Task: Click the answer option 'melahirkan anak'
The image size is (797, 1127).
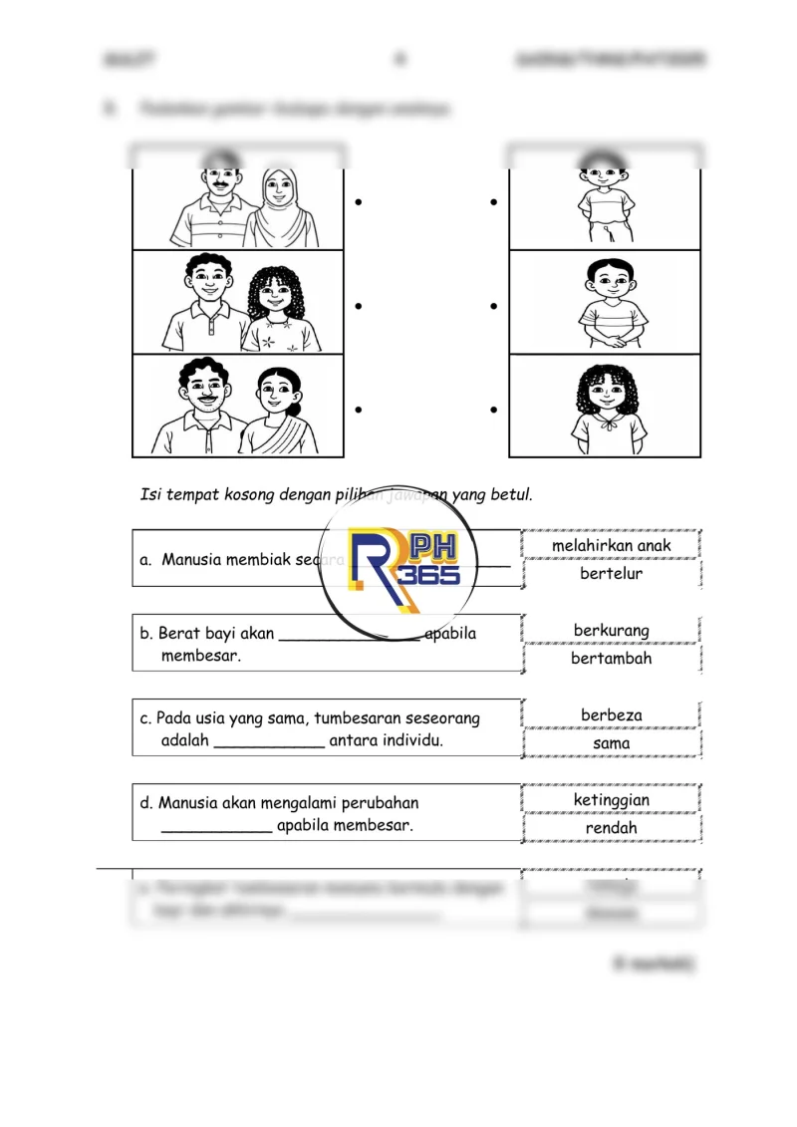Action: coord(611,545)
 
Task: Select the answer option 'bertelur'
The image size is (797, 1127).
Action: coord(611,573)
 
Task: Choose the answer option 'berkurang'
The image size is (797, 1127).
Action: coord(611,630)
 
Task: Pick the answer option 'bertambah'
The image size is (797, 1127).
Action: coord(611,658)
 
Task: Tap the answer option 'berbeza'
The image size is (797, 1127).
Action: coord(611,714)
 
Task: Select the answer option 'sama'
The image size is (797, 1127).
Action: coord(611,742)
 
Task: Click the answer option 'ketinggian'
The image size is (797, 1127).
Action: coord(611,799)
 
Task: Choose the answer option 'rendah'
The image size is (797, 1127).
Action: coord(611,827)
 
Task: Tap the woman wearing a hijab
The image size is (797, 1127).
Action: coord(279,206)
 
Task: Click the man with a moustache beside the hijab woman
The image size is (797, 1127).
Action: coord(214,206)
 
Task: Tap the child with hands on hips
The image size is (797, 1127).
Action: coord(606,204)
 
